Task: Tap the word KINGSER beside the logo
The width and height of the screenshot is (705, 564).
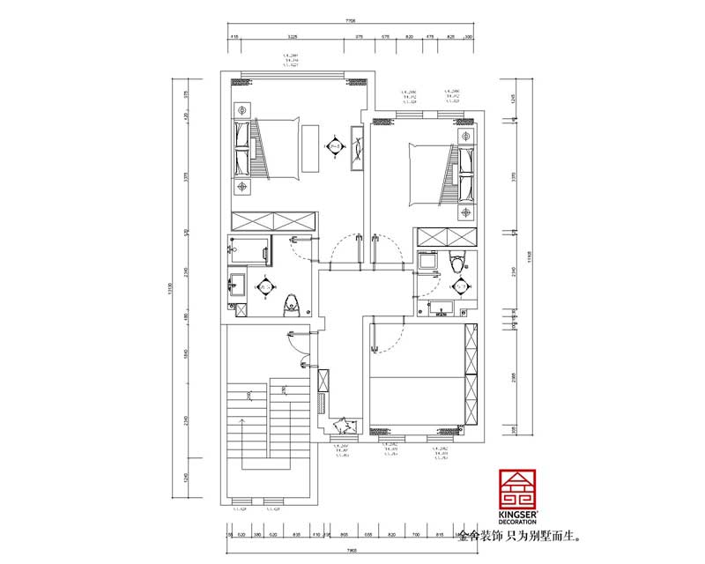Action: [517, 514]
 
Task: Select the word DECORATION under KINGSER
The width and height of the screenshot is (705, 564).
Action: [517, 522]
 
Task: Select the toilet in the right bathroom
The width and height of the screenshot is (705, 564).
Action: [455, 262]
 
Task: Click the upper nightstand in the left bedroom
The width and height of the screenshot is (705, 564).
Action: [242, 109]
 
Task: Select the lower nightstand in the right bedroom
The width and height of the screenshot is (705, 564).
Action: [466, 211]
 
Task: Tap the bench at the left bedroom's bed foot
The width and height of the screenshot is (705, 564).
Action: [312, 149]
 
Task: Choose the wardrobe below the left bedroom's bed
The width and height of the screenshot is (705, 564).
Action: [274, 221]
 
